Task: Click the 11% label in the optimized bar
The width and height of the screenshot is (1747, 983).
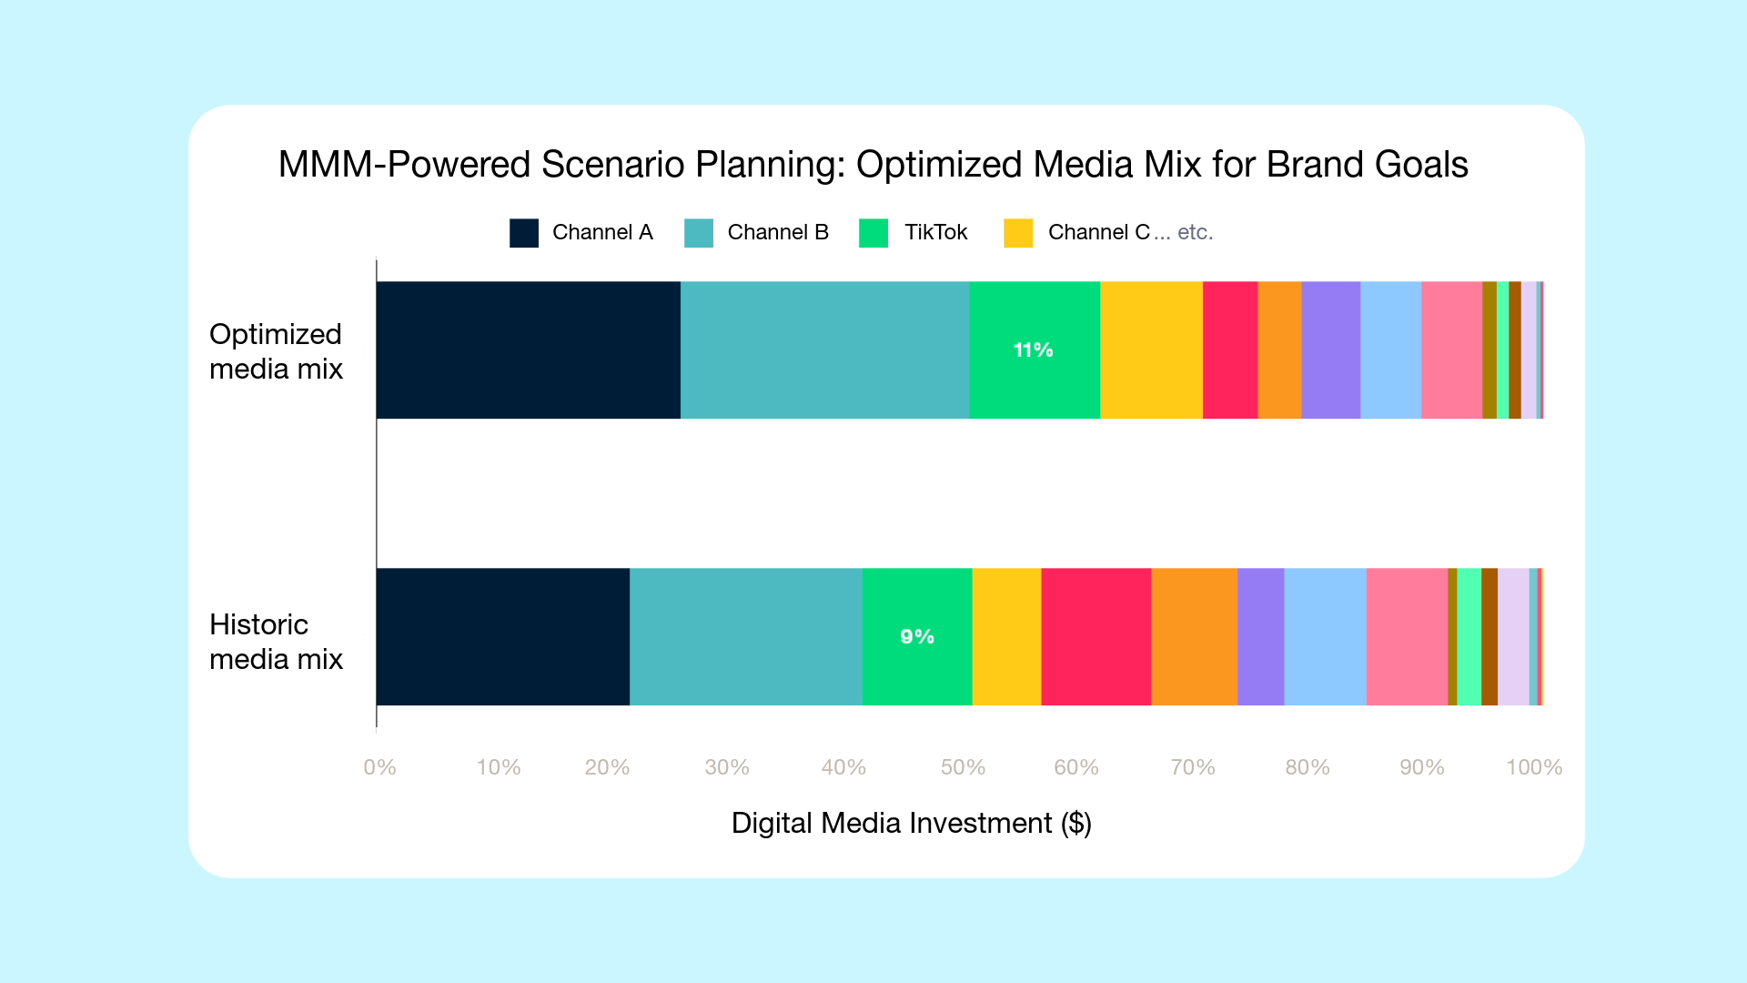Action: coord(1033,350)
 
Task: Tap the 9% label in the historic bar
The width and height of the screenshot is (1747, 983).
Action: coord(917,636)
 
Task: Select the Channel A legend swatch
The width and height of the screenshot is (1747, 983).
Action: coord(524,233)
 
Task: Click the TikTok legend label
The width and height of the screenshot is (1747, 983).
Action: coord(935,232)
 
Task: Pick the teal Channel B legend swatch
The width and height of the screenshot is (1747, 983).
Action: coord(699,233)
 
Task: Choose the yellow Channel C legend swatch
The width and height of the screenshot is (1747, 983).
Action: coord(1018,233)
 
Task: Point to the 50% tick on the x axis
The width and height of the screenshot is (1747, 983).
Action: coord(963,767)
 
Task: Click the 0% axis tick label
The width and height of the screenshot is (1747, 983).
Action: coord(379,767)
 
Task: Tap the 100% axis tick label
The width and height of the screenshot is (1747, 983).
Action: coord(1534,767)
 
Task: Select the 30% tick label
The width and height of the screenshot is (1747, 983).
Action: coord(727,767)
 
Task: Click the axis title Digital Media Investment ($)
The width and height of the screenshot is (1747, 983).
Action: coord(911,823)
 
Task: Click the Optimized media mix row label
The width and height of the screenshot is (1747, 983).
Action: coord(276,351)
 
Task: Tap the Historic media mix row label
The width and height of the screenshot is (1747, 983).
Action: coord(276,642)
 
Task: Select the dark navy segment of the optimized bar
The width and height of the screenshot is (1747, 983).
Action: coord(528,350)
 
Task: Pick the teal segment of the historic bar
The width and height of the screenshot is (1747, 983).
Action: coord(745,636)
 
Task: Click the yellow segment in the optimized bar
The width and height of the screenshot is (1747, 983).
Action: coord(1151,350)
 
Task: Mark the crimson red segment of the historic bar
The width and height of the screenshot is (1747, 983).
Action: coord(1096,636)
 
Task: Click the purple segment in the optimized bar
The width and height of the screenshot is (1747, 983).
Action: coord(1330,350)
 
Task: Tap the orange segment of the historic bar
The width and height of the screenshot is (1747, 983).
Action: coord(1194,636)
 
